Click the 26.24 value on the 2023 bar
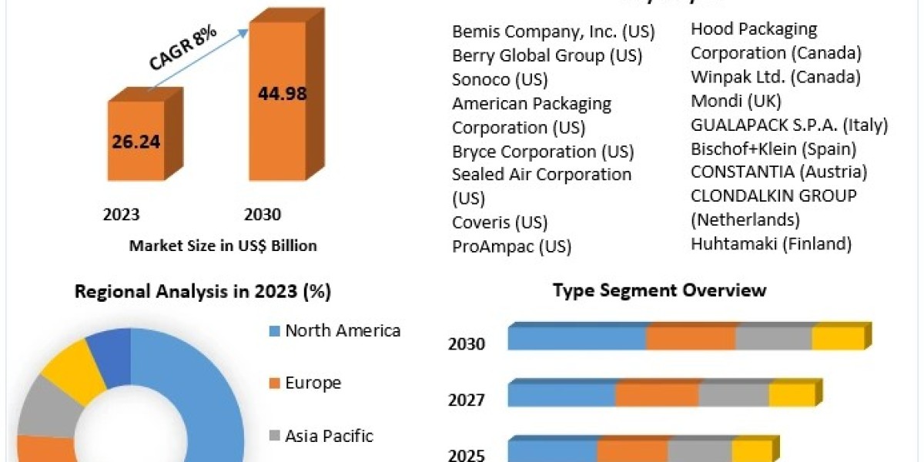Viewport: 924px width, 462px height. (x=136, y=142)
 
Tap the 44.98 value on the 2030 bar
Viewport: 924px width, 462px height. (x=283, y=94)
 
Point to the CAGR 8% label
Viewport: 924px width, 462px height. (x=182, y=49)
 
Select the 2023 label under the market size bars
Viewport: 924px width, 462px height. (x=122, y=215)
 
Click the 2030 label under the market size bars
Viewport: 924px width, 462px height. (x=263, y=215)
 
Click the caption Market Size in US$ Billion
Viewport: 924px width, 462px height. (x=223, y=246)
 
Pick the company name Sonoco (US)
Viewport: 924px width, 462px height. (x=500, y=79)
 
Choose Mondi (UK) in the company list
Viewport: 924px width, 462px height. (x=736, y=101)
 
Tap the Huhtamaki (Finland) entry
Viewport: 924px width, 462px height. (x=772, y=244)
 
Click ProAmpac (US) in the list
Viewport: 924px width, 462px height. (x=512, y=246)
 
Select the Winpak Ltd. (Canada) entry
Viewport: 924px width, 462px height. (x=776, y=77)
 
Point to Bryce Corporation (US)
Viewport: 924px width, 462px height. (x=543, y=152)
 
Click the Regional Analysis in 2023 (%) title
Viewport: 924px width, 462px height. (x=203, y=292)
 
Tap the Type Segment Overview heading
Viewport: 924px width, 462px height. (x=660, y=290)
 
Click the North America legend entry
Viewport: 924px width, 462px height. (x=335, y=331)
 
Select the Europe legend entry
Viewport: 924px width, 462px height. (x=305, y=383)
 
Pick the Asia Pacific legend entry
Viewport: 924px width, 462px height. (x=321, y=436)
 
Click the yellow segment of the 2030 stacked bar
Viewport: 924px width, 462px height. (x=839, y=338)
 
